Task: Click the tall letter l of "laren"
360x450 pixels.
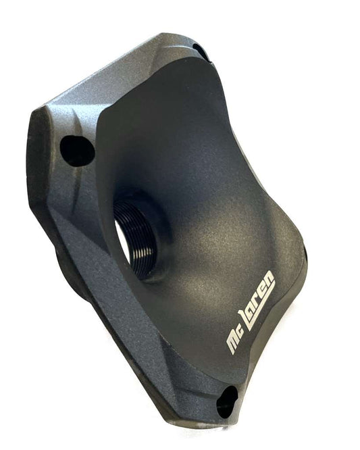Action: point(246,317)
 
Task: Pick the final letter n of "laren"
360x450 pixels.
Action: point(269,277)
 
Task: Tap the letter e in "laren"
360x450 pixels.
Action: point(263,288)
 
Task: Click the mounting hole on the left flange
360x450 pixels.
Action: point(77,151)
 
